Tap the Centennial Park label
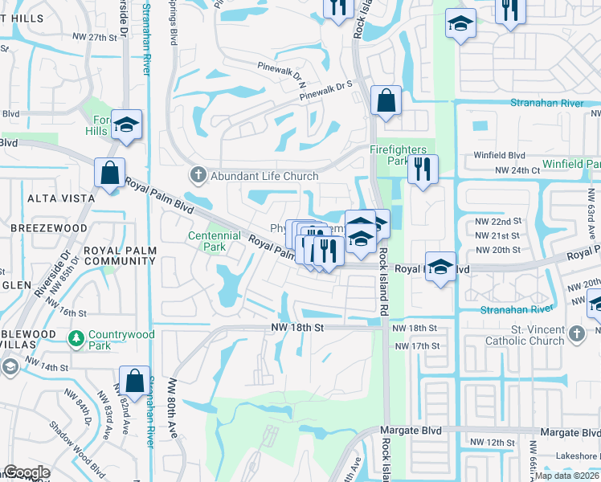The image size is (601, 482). (215, 241)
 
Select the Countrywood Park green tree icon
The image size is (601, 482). (76, 339)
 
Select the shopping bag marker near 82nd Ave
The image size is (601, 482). (135, 381)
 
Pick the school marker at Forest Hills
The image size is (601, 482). (127, 125)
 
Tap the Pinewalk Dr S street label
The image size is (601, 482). (327, 94)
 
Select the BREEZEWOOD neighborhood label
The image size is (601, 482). (49, 228)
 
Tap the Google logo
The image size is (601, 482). (27, 472)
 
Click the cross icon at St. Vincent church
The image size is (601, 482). (575, 334)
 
